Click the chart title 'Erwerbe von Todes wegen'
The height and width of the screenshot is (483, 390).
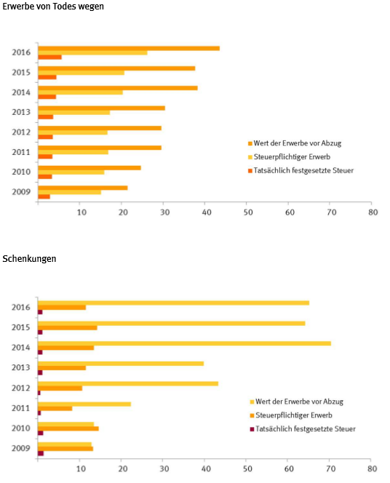click(53, 7)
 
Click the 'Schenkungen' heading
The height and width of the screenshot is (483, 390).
click(29, 258)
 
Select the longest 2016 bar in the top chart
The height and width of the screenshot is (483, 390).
click(129, 48)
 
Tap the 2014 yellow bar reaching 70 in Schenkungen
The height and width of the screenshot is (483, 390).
click(184, 343)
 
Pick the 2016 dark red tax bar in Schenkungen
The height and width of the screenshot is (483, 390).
click(40, 312)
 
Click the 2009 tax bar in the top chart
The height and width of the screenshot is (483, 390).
click(44, 196)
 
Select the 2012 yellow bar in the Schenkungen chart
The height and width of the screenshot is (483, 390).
click(128, 384)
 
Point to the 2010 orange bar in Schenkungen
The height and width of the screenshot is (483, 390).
click(68, 428)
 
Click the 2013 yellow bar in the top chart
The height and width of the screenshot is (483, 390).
click(74, 113)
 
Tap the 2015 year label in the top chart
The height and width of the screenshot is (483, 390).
click(21, 73)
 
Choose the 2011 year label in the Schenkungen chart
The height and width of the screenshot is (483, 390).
click(21, 408)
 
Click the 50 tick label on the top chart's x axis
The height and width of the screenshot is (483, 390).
click(248, 212)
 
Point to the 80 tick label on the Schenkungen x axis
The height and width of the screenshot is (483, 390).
click(372, 468)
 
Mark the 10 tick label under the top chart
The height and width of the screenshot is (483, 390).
click(81, 212)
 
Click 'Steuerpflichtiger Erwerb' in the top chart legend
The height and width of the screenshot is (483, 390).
click(292, 157)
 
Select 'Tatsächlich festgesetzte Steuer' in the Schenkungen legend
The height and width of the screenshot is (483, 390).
click(306, 428)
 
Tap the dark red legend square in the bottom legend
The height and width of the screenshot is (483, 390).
click(252, 429)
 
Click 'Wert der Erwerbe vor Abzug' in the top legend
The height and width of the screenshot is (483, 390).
click(298, 143)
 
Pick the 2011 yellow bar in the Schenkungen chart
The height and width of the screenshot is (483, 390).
click(84, 404)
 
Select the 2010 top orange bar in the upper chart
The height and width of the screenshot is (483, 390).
click(89, 168)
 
